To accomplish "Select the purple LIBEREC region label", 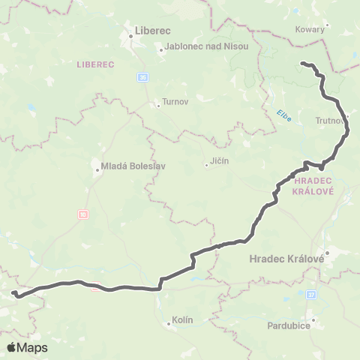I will [x=94, y=65].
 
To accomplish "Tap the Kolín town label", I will [x=182, y=319].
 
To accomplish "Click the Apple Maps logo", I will [x=27, y=347].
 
